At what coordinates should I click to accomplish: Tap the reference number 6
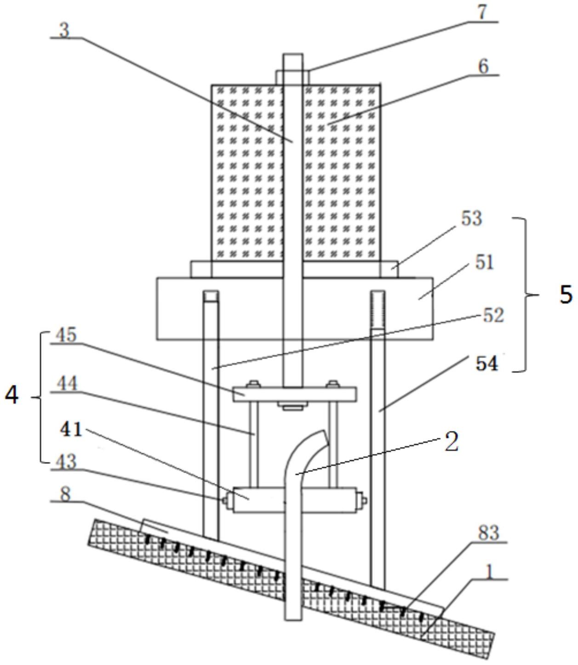(482, 67)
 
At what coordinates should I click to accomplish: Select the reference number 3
(64, 30)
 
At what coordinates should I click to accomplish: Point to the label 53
(471, 218)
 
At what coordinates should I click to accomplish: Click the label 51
(484, 263)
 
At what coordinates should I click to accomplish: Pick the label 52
(493, 315)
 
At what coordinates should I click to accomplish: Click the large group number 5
(566, 294)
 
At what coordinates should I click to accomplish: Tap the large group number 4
(12, 395)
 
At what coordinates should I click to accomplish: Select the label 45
(65, 335)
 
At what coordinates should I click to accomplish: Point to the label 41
(71, 430)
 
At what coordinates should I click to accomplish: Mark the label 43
(65, 461)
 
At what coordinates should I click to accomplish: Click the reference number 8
(66, 494)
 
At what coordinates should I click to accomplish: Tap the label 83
(488, 533)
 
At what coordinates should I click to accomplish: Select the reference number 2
(452, 442)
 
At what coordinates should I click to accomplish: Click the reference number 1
(489, 573)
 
